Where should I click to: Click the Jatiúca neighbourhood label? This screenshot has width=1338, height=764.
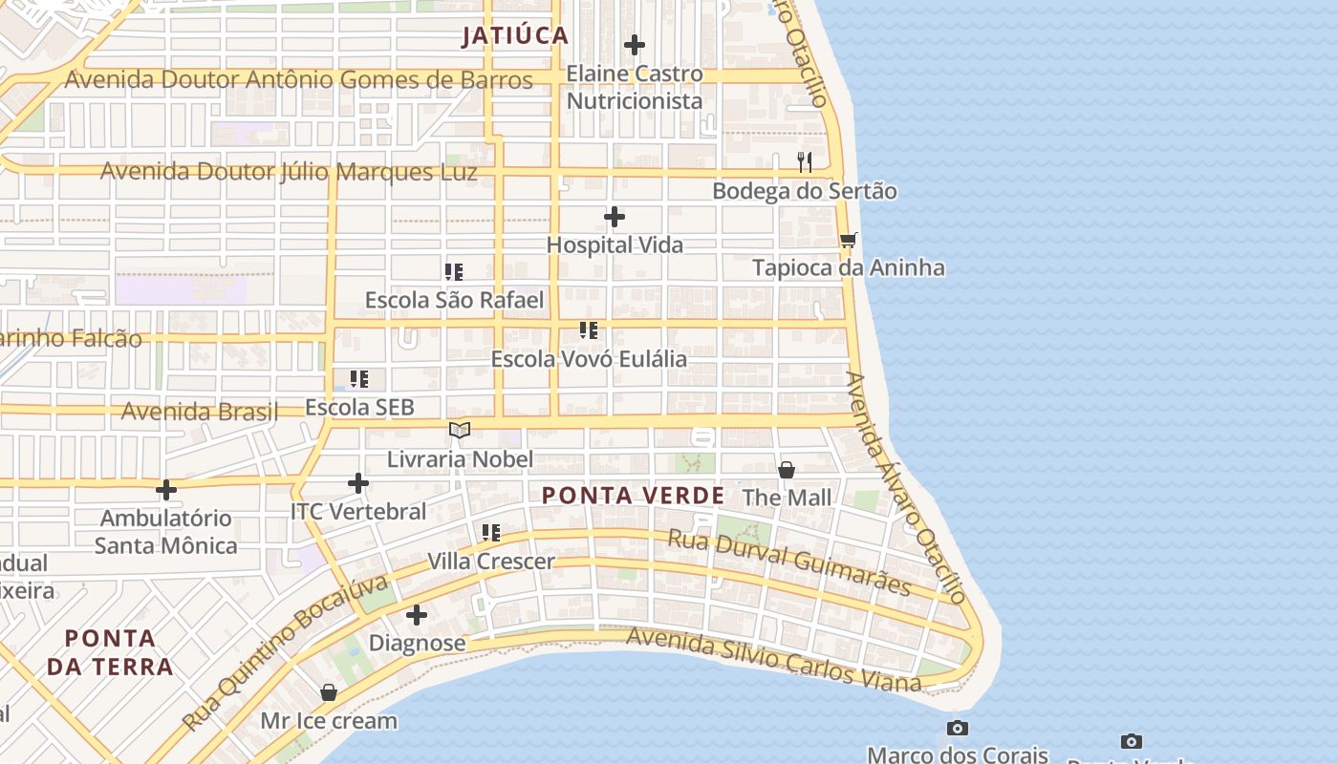pyautogui.click(x=515, y=36)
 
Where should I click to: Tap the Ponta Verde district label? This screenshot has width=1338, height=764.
pyautogui.click(x=633, y=496)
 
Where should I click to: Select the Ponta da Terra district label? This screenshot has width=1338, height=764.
pyautogui.click(x=111, y=651)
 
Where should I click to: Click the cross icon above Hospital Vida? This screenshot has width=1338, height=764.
pyautogui.click(x=615, y=218)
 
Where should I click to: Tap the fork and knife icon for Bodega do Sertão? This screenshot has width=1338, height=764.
pyautogui.click(x=805, y=162)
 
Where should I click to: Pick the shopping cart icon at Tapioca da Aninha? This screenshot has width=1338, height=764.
pyautogui.click(x=848, y=240)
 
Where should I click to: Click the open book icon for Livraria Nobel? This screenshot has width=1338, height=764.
pyautogui.click(x=460, y=431)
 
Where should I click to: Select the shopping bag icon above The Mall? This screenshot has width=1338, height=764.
pyautogui.click(x=787, y=470)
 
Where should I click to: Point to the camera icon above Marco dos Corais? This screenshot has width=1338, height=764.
pyautogui.click(x=958, y=729)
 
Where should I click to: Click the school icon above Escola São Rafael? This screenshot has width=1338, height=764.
pyautogui.click(x=454, y=272)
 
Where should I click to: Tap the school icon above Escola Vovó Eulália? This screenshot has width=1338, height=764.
pyautogui.click(x=589, y=331)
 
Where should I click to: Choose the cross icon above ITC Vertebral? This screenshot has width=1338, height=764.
pyautogui.click(x=358, y=484)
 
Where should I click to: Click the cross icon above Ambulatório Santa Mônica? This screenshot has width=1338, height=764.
pyautogui.click(x=166, y=491)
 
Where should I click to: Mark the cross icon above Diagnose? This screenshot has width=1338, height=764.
pyautogui.click(x=417, y=615)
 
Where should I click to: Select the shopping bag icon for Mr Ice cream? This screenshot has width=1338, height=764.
pyautogui.click(x=329, y=692)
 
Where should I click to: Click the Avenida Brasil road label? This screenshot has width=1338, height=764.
pyautogui.click(x=200, y=412)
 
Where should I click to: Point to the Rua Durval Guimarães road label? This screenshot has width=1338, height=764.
pyautogui.click(x=788, y=562)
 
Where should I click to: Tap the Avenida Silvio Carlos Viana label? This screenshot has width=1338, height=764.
pyautogui.click(x=773, y=658)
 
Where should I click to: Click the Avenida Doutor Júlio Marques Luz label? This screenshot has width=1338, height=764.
pyautogui.click(x=289, y=173)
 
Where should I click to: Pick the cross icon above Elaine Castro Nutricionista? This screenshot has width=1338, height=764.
pyautogui.click(x=635, y=45)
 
